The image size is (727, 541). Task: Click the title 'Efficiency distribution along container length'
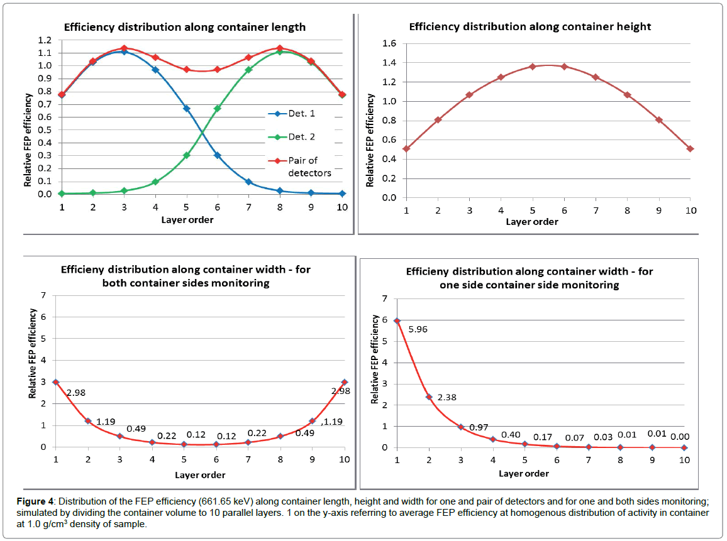(184, 27)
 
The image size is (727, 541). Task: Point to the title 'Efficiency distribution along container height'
(530, 26)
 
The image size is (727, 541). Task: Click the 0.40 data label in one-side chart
(511, 434)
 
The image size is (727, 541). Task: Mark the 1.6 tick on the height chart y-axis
(391, 43)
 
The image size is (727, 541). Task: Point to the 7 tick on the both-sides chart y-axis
(43, 295)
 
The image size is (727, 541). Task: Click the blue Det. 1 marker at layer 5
(186, 108)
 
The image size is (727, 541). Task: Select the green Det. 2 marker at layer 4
(155, 182)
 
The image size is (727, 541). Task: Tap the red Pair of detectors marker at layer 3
(124, 48)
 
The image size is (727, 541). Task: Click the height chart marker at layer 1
(407, 149)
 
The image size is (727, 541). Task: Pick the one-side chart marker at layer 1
(397, 320)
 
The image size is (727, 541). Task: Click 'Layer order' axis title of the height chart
(531, 221)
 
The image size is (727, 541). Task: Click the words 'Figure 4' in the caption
(33, 503)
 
